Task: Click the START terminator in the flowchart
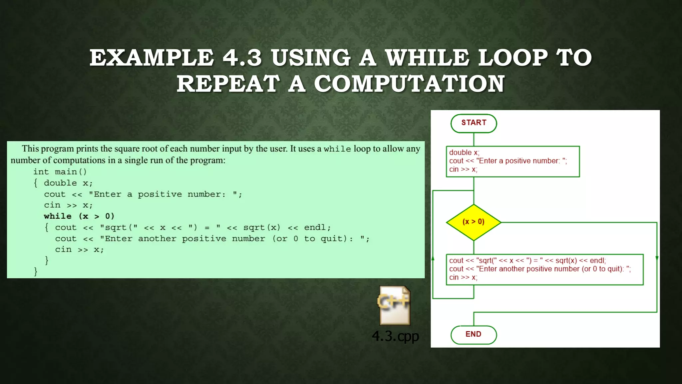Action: (474, 123)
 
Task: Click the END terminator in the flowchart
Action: (473, 334)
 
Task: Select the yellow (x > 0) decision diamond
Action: (474, 222)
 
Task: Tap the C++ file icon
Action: (395, 305)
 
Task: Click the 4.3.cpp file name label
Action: (395, 336)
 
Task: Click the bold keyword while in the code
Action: (58, 216)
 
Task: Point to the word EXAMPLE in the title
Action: (152, 58)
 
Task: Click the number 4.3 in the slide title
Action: (242, 58)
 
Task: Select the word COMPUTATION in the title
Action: (409, 84)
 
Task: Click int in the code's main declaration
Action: (41, 172)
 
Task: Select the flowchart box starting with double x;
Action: (512, 161)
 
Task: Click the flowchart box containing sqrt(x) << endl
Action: (544, 269)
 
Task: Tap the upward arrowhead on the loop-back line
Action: (433, 258)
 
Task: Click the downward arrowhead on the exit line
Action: (657, 258)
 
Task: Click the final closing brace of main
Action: (36, 271)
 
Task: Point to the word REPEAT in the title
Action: (228, 84)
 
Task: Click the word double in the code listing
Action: (60, 183)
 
